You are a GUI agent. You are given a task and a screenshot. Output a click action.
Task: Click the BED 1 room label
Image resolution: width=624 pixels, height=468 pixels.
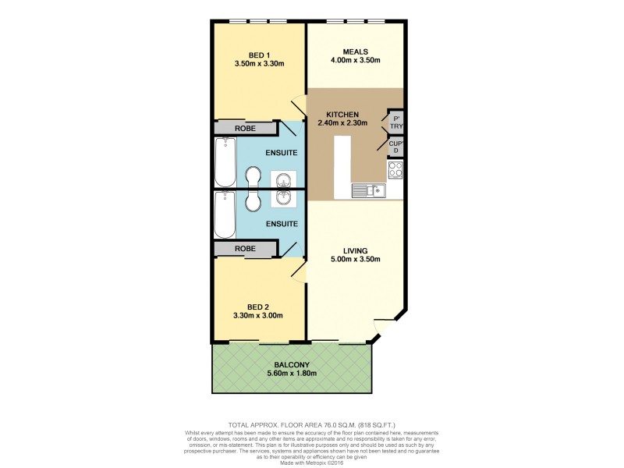pyautogui.click(x=258, y=54)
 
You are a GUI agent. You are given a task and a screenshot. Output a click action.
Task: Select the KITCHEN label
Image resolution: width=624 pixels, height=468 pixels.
pyautogui.click(x=342, y=114)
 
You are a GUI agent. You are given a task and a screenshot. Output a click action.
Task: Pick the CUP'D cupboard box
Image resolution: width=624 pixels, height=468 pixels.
pyautogui.click(x=395, y=146)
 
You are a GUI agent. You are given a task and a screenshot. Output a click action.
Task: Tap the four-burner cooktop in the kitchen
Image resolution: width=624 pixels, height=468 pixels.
pyautogui.click(x=395, y=168)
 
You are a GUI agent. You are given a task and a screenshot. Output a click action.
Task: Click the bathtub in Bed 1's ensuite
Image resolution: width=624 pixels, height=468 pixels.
pyautogui.click(x=226, y=161)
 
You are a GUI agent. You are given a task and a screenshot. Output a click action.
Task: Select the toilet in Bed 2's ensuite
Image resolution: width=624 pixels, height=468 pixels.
pyautogui.click(x=253, y=201)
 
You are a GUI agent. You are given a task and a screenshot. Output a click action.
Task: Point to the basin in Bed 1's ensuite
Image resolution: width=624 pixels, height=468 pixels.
pyautogui.click(x=282, y=179)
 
